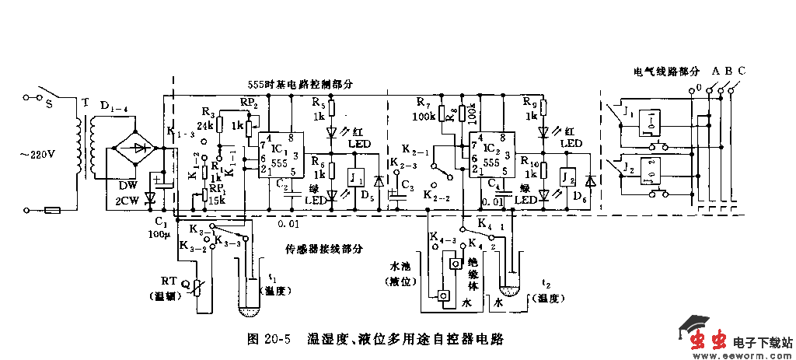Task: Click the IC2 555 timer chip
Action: pyautogui.click(x=490, y=154)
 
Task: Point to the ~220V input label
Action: pyautogui.click(x=39, y=153)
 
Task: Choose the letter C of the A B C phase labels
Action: pyautogui.click(x=742, y=72)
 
